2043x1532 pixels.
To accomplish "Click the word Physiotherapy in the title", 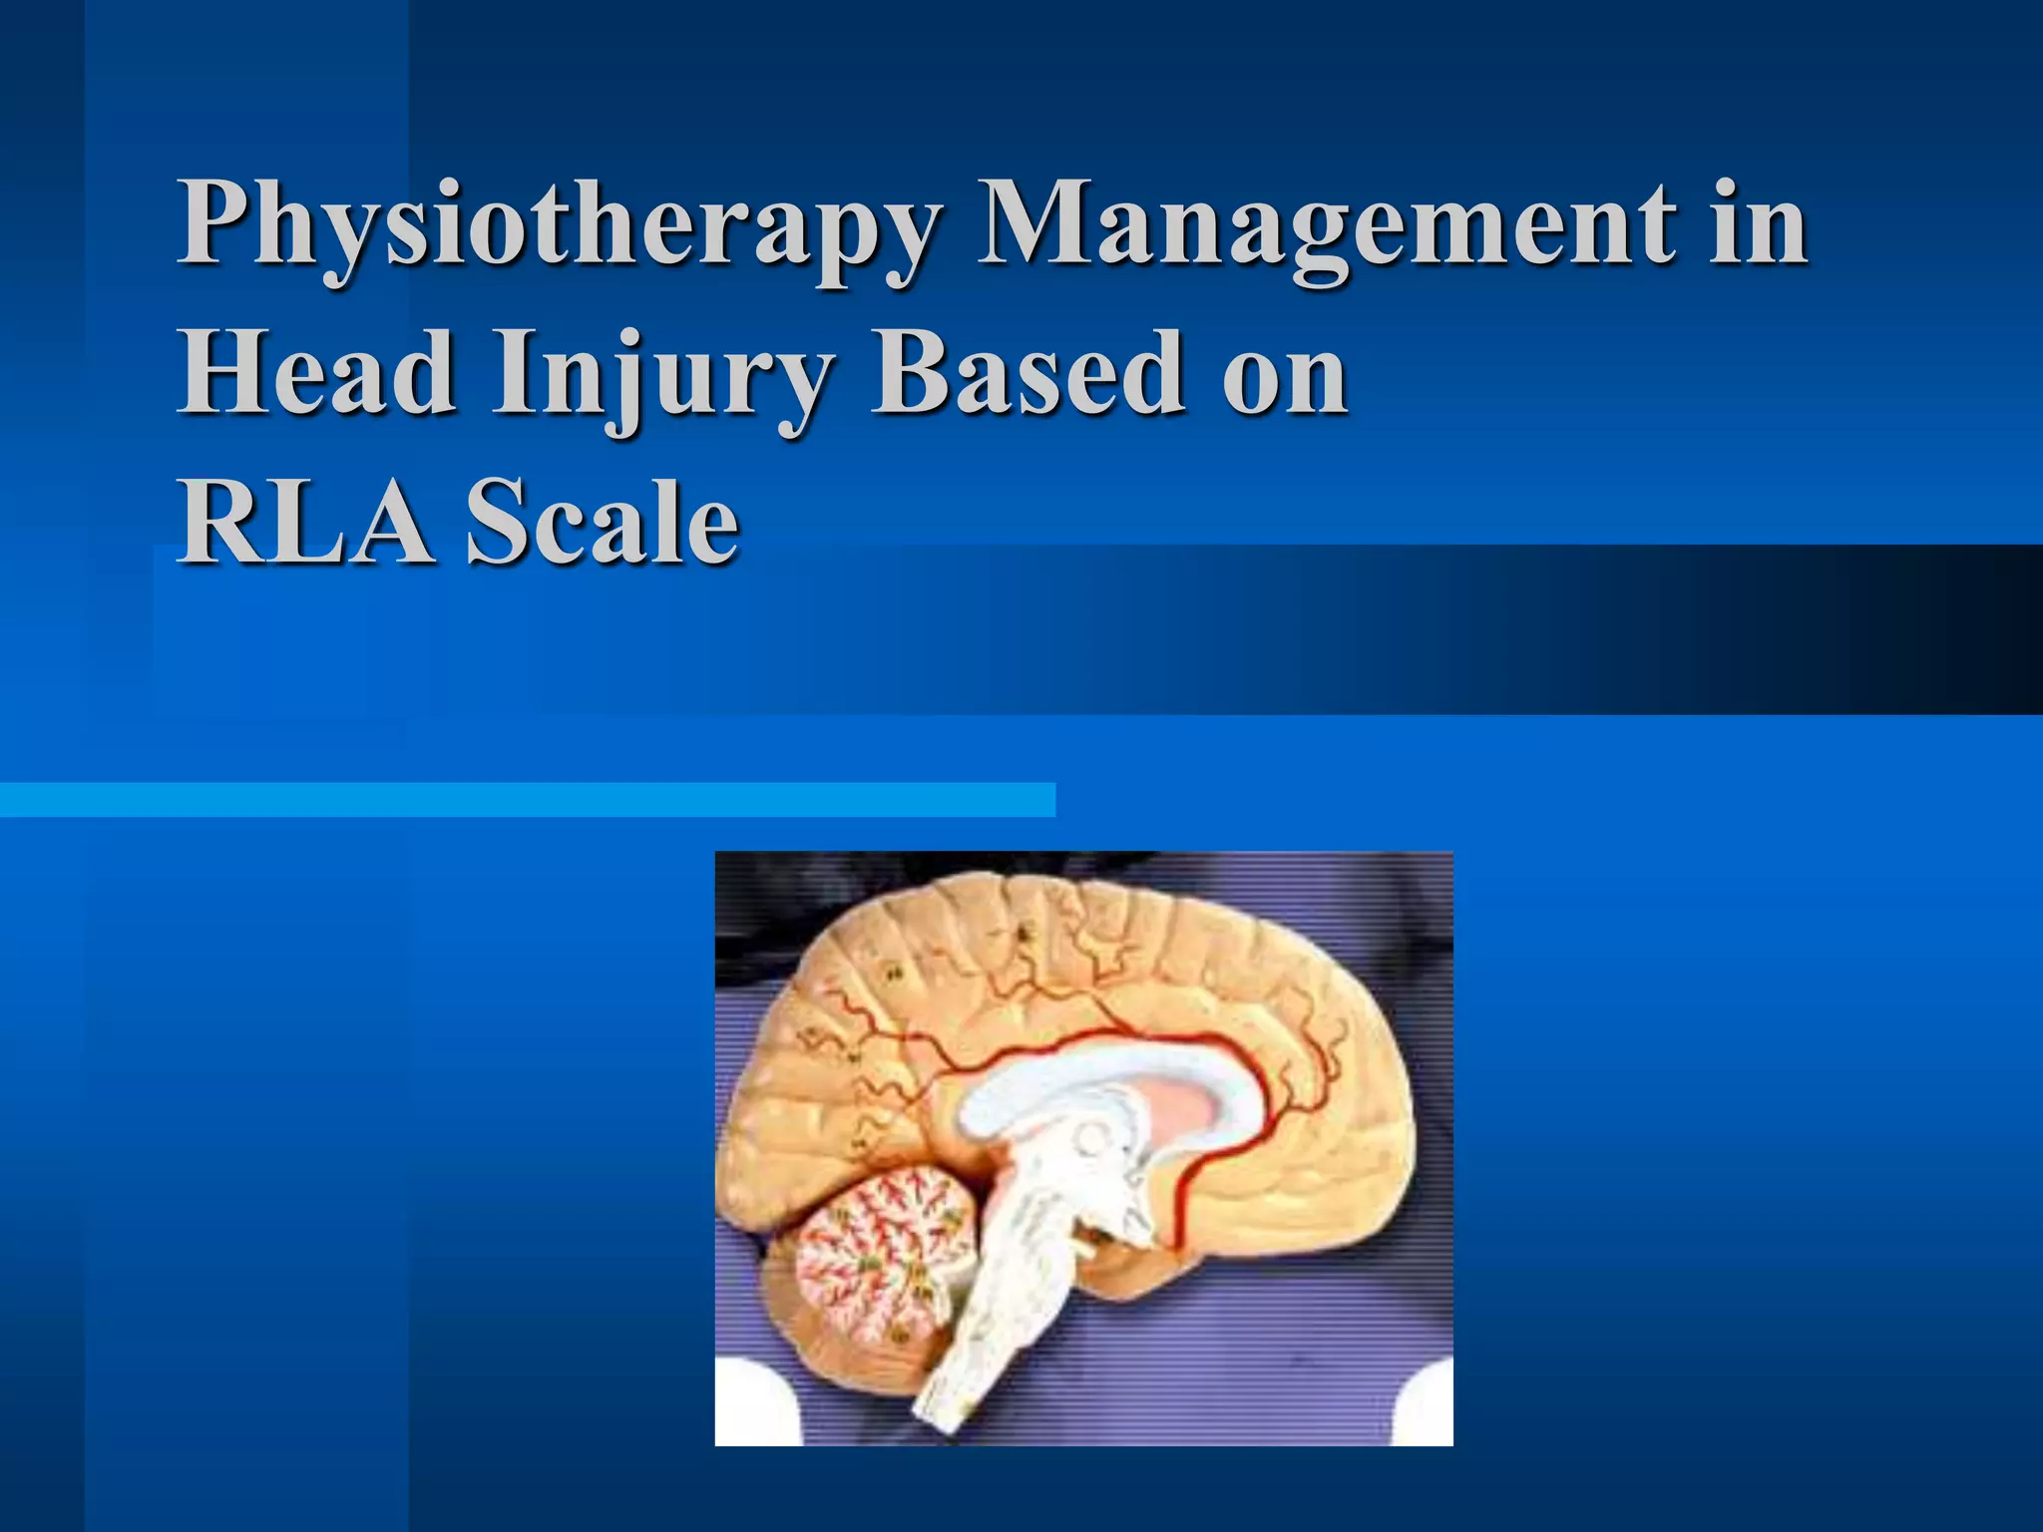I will tap(559, 227).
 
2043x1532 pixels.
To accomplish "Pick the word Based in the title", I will tap(1027, 373).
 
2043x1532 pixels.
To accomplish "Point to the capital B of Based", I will tap(904, 373).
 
